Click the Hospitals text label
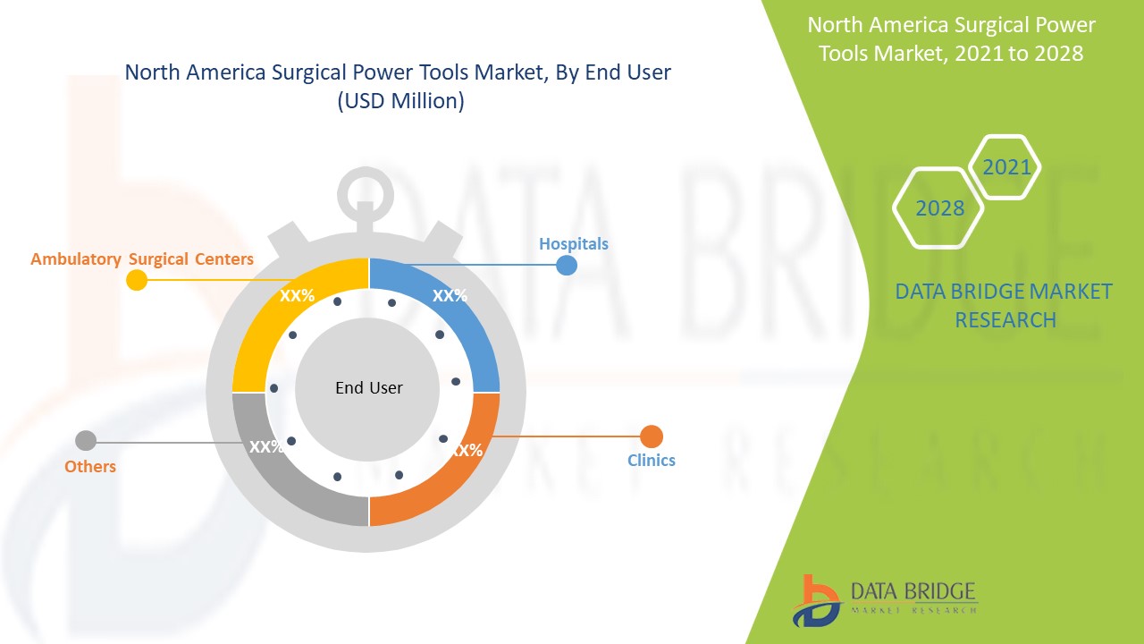pyautogui.click(x=573, y=243)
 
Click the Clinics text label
pyautogui.click(x=651, y=461)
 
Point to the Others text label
pyautogui.click(x=90, y=467)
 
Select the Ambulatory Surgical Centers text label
pyautogui.click(x=142, y=259)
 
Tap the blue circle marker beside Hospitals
pyautogui.click(x=567, y=265)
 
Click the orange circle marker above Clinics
pyautogui.click(x=652, y=436)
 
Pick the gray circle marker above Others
pyautogui.click(x=86, y=441)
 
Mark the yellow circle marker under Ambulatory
pyautogui.click(x=137, y=280)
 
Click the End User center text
pyautogui.click(x=368, y=388)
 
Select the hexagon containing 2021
pyautogui.click(x=1006, y=167)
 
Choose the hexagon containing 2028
pyautogui.click(x=939, y=208)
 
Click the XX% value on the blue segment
pyautogui.click(x=450, y=296)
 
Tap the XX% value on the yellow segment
pyautogui.click(x=297, y=296)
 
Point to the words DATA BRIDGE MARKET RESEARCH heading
pyautogui.click(x=1004, y=305)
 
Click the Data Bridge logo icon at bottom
pyautogui.click(x=816, y=600)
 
